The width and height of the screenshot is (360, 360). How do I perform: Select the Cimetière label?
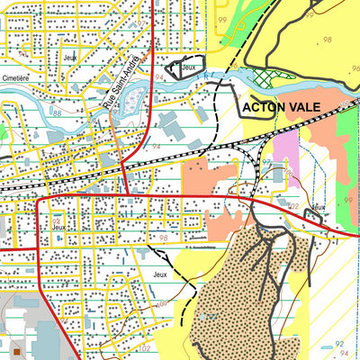tap(15, 77)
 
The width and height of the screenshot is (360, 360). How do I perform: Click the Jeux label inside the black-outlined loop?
tap(188, 67)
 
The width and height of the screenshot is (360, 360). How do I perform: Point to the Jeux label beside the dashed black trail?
tap(161, 274)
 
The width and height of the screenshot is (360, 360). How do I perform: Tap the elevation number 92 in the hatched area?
tap(337, 343)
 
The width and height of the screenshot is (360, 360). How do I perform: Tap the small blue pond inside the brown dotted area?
tap(209, 316)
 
